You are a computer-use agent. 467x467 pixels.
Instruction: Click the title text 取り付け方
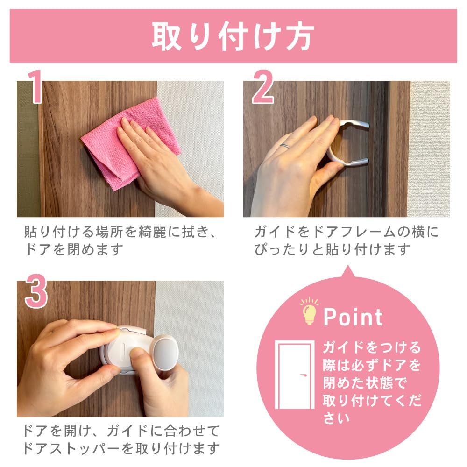pyautogui.click(x=233, y=36)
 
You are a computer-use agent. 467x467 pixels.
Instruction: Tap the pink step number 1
pyautogui.click(x=35, y=86)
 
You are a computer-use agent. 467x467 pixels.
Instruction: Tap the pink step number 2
pyautogui.click(x=263, y=86)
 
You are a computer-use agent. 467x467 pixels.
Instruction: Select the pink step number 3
pyautogui.click(x=36, y=291)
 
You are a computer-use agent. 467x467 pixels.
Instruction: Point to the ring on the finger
pyautogui.click(x=285, y=146)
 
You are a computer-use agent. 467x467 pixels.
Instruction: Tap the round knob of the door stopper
pyautogui.click(x=166, y=352)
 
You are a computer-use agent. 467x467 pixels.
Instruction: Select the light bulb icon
pyautogui.click(x=310, y=311)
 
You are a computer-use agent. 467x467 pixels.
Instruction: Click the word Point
pyautogui.click(x=353, y=317)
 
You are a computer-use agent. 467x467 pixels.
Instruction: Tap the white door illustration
pyautogui.click(x=295, y=375)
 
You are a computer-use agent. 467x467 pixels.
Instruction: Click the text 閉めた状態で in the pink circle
pyautogui.click(x=365, y=383)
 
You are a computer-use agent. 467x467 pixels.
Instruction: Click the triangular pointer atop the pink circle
pyautogui.click(x=348, y=272)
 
